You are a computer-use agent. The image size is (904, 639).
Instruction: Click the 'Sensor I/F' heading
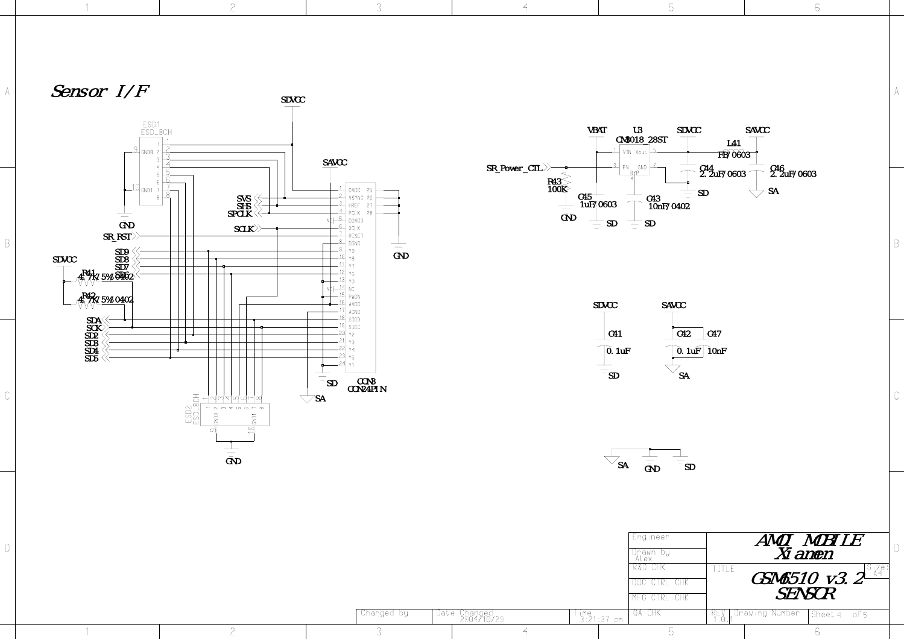tap(100, 92)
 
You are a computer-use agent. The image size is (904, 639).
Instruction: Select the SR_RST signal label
tap(117, 237)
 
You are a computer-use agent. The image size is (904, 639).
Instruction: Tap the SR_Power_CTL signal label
tap(514, 168)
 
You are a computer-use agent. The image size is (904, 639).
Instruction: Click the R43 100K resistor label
tap(556, 186)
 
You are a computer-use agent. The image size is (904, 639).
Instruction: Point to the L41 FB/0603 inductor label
tap(734, 150)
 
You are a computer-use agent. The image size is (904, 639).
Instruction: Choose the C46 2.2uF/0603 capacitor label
tap(792, 172)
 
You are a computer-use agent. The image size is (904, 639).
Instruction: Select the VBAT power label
tap(597, 130)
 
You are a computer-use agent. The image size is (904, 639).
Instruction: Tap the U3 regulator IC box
tap(634, 160)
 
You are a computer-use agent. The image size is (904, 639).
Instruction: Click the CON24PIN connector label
tap(367, 389)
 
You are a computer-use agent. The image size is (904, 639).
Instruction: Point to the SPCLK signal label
tap(239, 214)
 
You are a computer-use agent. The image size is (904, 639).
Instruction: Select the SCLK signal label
tap(244, 229)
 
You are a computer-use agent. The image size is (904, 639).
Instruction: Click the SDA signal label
tap(93, 321)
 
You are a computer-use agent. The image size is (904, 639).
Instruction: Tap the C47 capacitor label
tap(714, 334)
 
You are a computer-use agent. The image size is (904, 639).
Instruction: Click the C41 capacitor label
tap(615, 334)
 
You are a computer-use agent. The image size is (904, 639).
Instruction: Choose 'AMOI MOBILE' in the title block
tap(808, 540)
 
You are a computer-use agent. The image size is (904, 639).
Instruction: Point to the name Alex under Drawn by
tap(643, 559)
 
